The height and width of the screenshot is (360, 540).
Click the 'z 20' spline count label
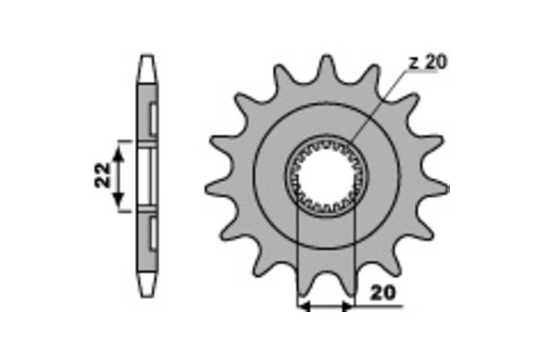point(428,63)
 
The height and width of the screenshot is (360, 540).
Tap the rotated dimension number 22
point(102,175)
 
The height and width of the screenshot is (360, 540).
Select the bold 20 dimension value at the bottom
point(383,293)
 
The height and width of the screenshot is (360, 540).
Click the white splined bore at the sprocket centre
point(326,176)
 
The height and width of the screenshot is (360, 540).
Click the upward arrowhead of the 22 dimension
point(118,154)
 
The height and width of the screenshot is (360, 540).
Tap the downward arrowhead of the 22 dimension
point(118,201)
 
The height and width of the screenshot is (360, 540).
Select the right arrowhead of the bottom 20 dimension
point(347,306)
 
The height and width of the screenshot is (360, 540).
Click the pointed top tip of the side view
point(147,55)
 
